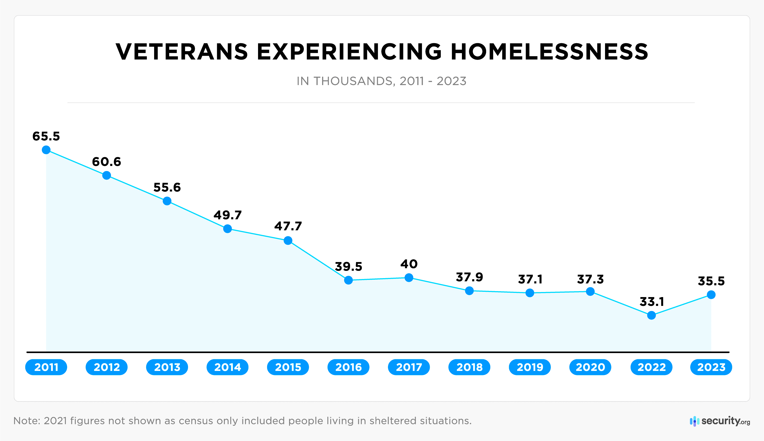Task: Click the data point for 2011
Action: pos(46,150)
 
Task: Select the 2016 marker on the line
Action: pos(348,280)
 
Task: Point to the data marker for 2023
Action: pos(711,294)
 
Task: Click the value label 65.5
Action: pos(46,136)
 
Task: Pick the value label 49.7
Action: pos(227,215)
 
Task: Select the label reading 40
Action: pos(409,264)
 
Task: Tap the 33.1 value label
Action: pos(651,302)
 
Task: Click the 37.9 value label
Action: pos(469,277)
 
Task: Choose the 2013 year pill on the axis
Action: pos(167,367)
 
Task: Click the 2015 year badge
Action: pos(288,367)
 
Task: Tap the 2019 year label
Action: pos(530,367)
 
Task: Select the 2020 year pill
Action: pos(590,367)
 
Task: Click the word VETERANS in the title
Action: pos(182,52)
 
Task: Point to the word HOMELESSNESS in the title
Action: pos(549,52)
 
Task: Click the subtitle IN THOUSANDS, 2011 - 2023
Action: pos(382,81)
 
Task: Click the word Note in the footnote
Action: pos(26,421)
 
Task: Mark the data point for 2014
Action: pos(227,229)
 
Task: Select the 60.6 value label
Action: pos(107,162)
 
